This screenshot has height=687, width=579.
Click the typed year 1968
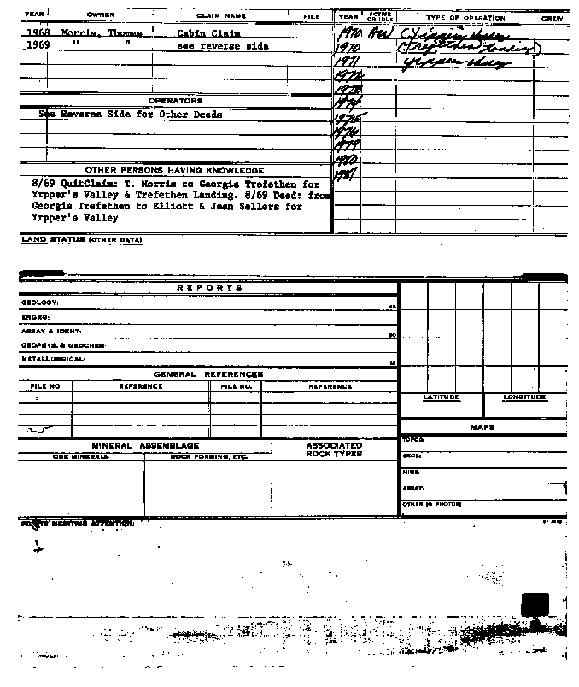(x=39, y=33)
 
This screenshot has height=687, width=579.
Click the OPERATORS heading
(x=176, y=101)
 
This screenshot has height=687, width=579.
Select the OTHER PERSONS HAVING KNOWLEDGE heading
(x=174, y=171)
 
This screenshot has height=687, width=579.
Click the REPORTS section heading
(x=209, y=288)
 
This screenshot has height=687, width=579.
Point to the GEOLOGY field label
(x=39, y=302)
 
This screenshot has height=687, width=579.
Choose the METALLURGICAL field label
(x=53, y=360)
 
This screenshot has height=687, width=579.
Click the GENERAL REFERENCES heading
(x=208, y=374)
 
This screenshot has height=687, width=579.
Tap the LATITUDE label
(x=441, y=397)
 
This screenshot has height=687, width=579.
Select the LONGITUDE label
(x=524, y=397)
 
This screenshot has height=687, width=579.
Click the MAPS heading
(x=482, y=427)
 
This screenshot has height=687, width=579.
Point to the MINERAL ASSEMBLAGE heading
(x=145, y=446)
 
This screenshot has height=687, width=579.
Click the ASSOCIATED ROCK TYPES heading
(x=334, y=449)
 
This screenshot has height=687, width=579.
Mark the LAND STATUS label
(x=82, y=240)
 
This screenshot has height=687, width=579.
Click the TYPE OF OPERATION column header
(x=465, y=17)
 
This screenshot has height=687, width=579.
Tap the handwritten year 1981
(x=346, y=173)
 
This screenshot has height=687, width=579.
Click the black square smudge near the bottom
(x=535, y=604)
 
